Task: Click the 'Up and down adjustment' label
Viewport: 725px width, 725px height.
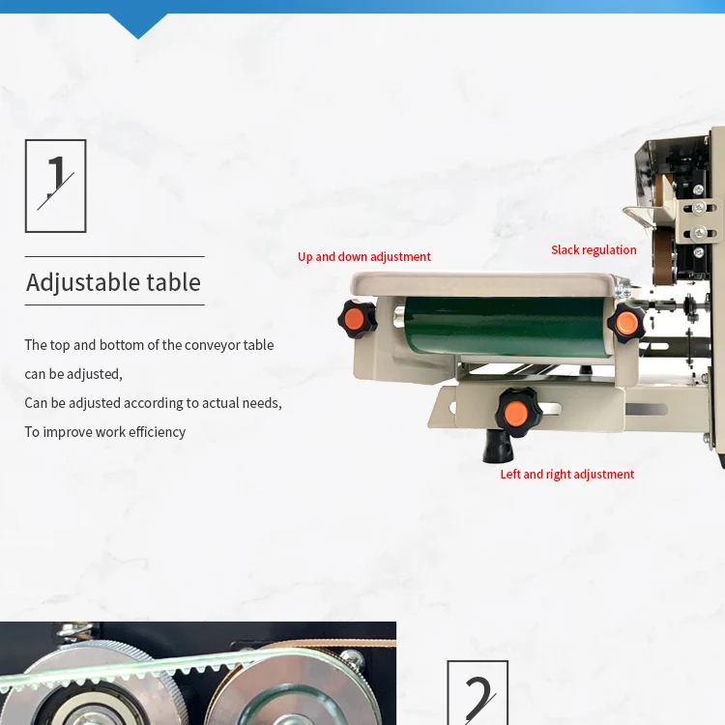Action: (x=363, y=256)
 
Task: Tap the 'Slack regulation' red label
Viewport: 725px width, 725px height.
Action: (x=594, y=250)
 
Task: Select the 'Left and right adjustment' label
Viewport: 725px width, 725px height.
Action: (x=566, y=475)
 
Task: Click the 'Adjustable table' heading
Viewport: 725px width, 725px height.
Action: (x=113, y=282)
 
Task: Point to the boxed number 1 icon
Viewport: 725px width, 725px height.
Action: (x=55, y=186)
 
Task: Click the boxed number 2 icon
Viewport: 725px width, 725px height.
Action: (x=478, y=693)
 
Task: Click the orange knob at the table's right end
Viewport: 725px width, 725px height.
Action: (x=626, y=322)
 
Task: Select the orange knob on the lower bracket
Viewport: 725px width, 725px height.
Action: (x=515, y=412)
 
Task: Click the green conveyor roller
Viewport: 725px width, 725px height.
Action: (x=504, y=327)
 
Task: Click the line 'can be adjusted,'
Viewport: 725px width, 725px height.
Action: (x=73, y=373)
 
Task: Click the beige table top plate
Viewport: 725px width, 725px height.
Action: (x=483, y=283)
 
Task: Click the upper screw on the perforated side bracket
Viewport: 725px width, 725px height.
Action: (x=700, y=207)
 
